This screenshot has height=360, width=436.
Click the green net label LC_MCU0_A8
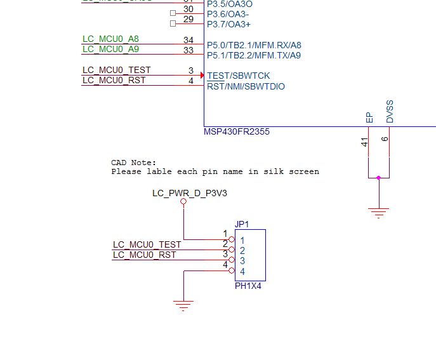click(110, 39)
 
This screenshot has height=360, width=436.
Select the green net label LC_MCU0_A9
click(110, 49)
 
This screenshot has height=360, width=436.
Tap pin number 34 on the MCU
click(188, 40)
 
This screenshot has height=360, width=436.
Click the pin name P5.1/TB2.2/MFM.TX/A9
click(254, 55)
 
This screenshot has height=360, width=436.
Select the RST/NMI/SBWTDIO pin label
click(246, 86)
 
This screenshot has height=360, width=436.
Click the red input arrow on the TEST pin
click(202, 76)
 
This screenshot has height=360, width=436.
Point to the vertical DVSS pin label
click(390, 111)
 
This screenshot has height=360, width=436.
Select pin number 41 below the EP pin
click(365, 143)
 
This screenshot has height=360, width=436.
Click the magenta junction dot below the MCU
click(379, 178)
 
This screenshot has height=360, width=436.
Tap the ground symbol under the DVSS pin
click(379, 213)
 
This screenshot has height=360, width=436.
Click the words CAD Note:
click(133, 163)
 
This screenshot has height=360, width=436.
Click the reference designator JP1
click(242, 224)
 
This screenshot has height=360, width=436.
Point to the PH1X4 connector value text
click(248, 286)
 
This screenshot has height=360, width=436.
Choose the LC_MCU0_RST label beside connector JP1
click(144, 255)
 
